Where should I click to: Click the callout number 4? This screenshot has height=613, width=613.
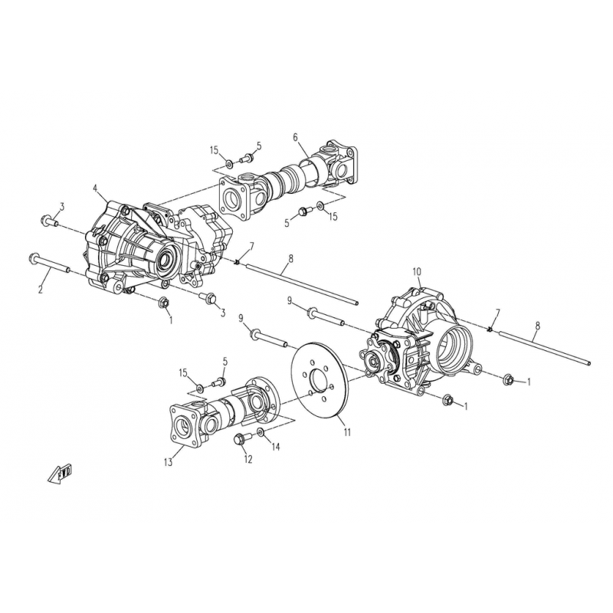click(95, 188)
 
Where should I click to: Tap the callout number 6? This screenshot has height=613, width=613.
click(295, 137)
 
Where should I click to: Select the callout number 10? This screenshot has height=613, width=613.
click(417, 271)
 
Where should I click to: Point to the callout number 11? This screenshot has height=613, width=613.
click(347, 432)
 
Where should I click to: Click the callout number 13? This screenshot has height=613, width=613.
click(168, 463)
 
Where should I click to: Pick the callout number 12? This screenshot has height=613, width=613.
click(248, 459)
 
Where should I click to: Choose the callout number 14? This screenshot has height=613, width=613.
click(276, 447)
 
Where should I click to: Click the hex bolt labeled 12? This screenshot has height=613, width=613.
click(239, 439)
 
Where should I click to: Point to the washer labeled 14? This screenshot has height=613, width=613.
click(261, 431)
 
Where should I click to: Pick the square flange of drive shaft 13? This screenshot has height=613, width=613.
click(183, 427)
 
